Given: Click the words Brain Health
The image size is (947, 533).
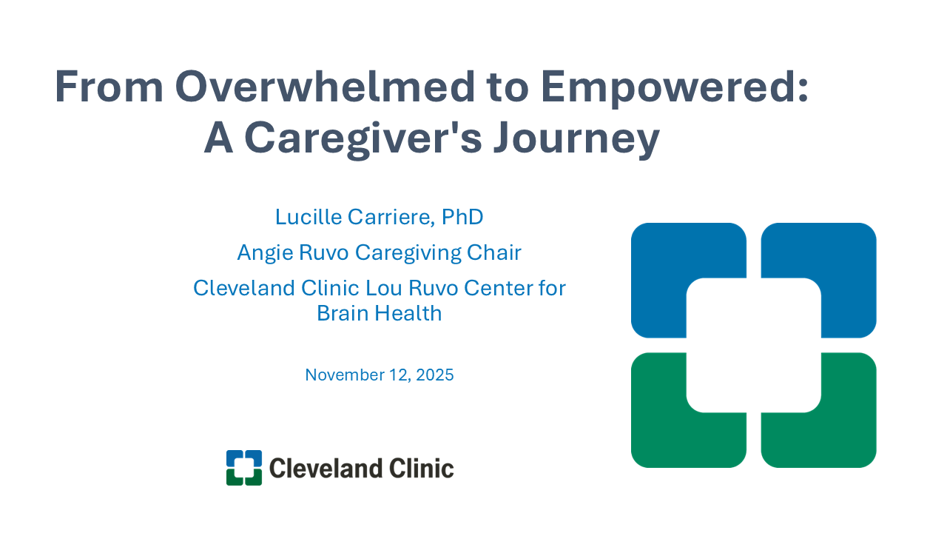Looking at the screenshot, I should click(x=379, y=313).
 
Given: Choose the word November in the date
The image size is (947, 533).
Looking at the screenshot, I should click(x=342, y=375).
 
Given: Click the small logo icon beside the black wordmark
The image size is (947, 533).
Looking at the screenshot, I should click(x=244, y=468).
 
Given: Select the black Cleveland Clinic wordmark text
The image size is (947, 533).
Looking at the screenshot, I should click(x=361, y=468).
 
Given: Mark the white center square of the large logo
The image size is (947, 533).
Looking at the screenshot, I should click(x=753, y=345).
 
